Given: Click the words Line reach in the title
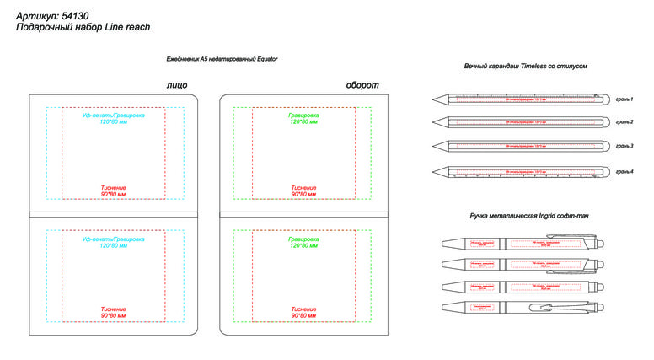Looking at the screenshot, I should point(127,27).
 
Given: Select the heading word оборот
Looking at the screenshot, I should point(363,85).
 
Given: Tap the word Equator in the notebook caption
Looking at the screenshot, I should point(264,59).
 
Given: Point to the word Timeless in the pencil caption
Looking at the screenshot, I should point(539,66).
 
